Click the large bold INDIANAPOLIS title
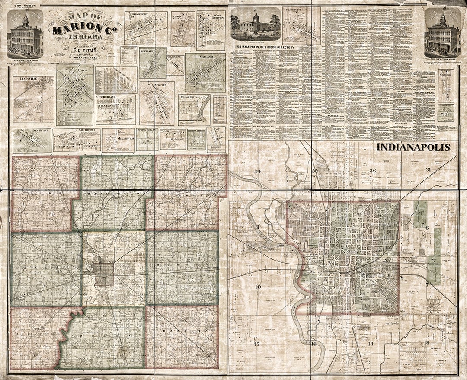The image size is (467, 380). click(x=413, y=147)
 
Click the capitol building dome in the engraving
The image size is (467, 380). click(x=255, y=18)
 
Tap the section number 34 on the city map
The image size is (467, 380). click(x=258, y=171)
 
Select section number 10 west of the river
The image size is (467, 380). click(x=258, y=287)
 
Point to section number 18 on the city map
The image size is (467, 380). click(x=426, y=343)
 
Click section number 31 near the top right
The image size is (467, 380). click(x=429, y=170)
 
